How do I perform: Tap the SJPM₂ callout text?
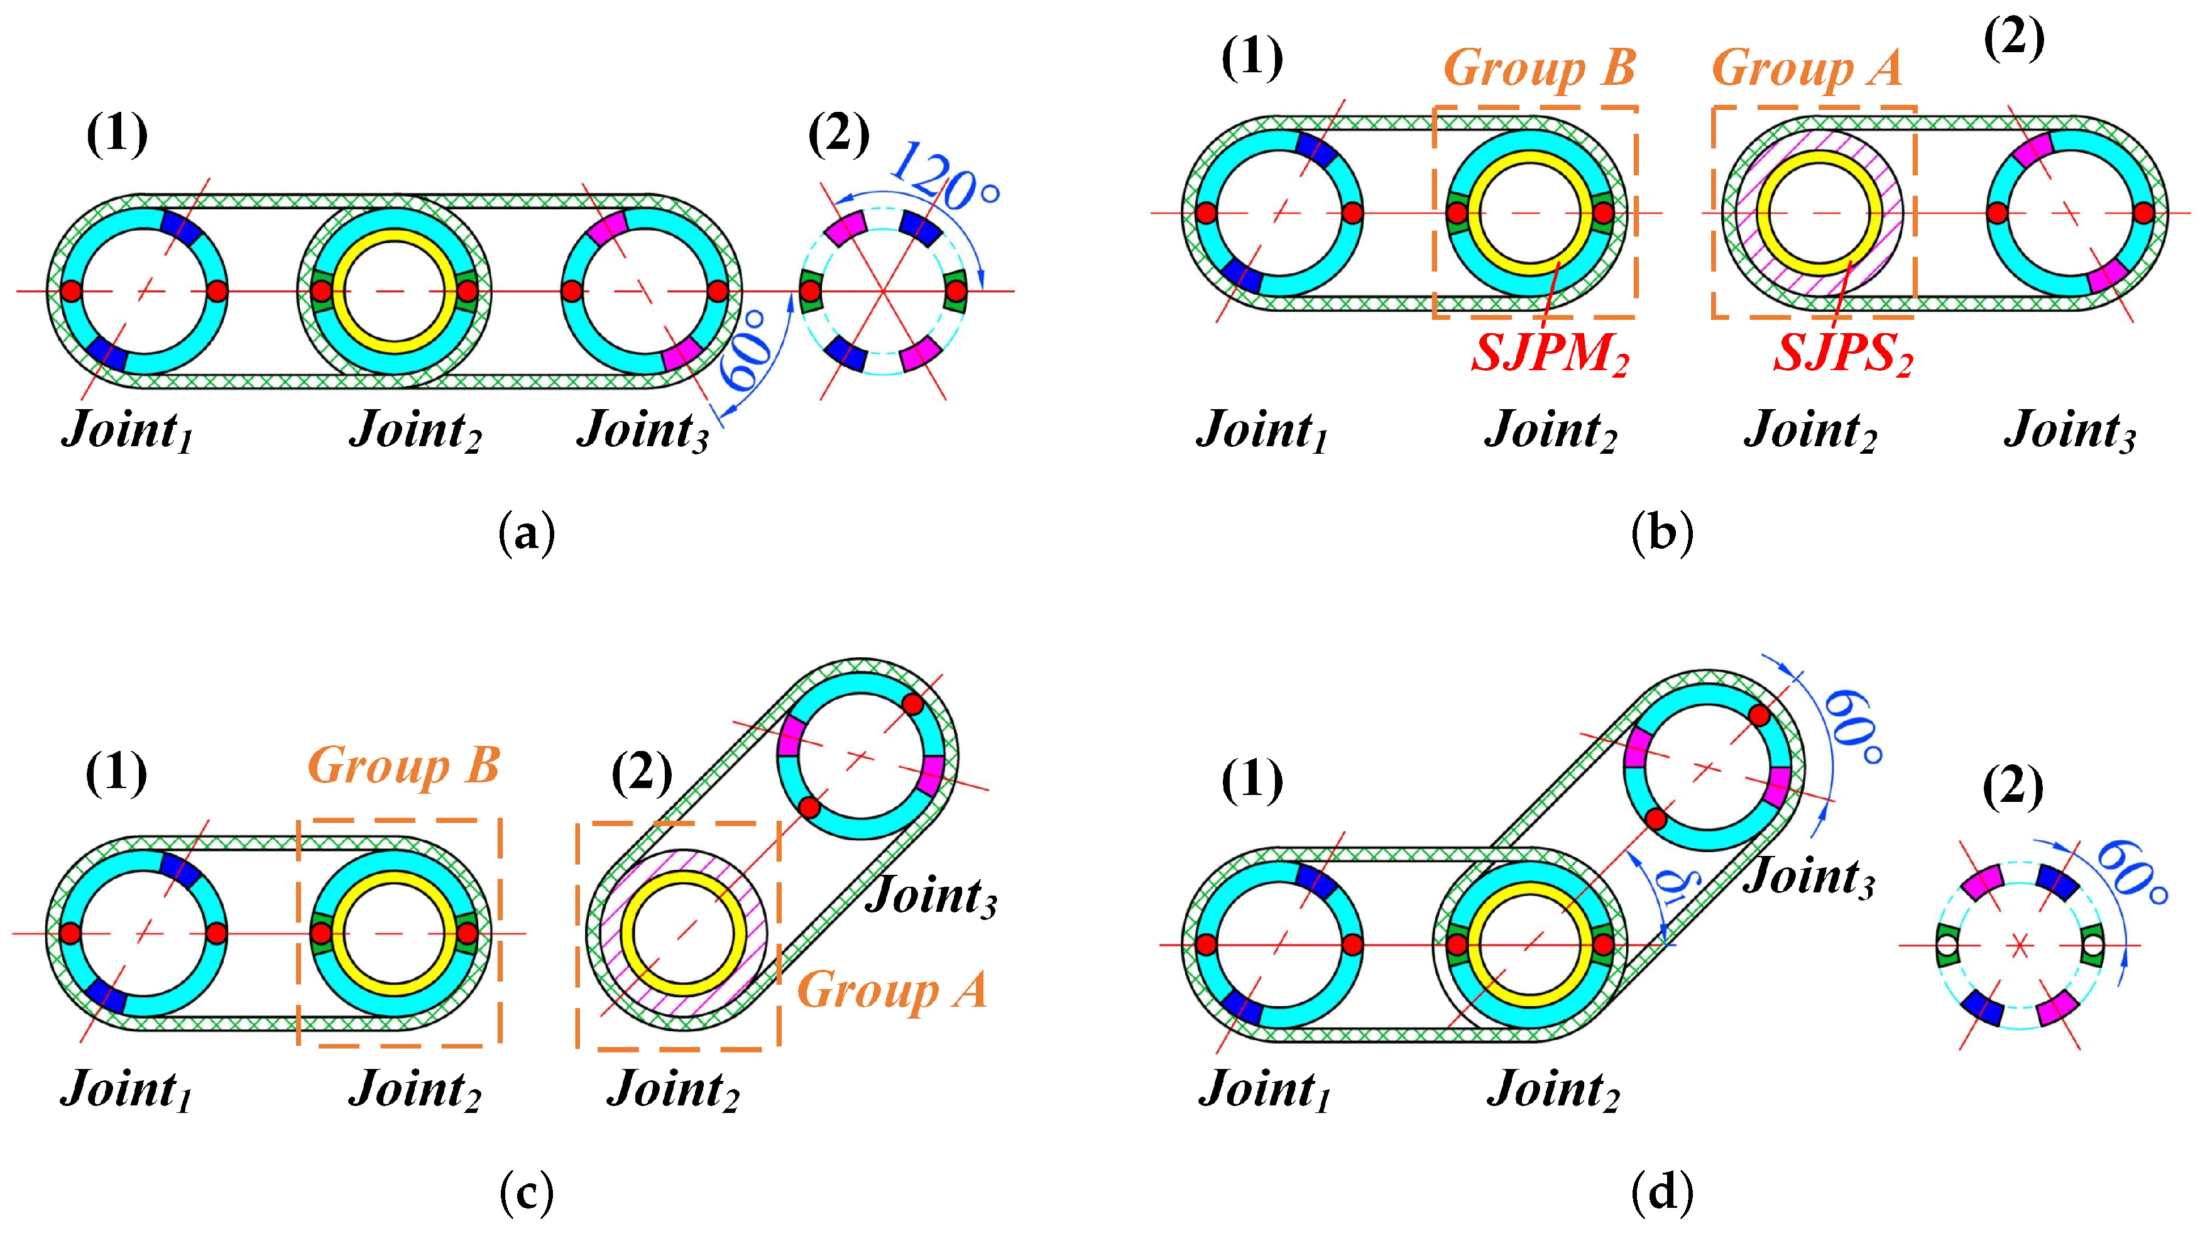click(x=1550, y=352)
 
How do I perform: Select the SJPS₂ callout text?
click(x=1842, y=352)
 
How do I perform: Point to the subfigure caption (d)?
click(x=1661, y=1192)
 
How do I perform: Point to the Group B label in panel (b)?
click(x=1539, y=68)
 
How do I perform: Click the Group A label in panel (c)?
click(x=892, y=990)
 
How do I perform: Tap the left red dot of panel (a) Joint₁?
click(x=71, y=291)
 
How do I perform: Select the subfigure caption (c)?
click(x=527, y=1192)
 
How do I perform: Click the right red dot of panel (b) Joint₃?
click(x=2143, y=212)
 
